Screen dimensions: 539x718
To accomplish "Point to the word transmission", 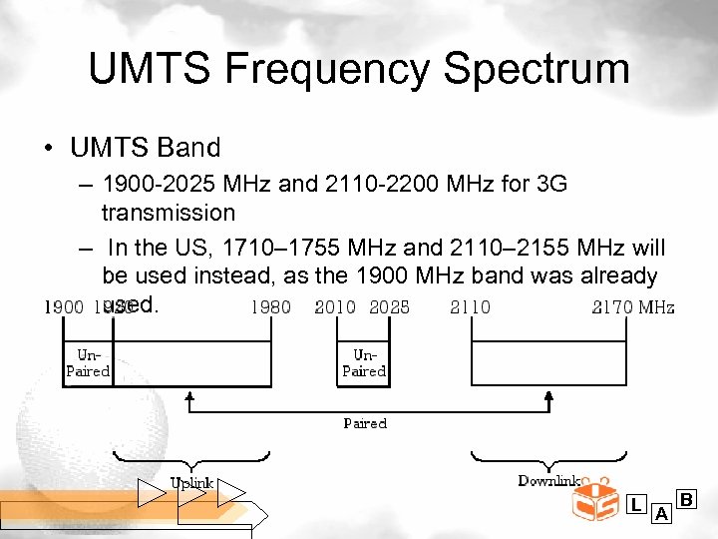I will [169, 212].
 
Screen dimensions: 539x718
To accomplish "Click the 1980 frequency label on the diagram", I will [270, 306].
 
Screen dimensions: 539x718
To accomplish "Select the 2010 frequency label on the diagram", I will [334, 306].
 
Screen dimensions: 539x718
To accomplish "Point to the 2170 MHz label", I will [633, 306].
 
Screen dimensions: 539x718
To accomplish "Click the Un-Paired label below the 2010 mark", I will [364, 363].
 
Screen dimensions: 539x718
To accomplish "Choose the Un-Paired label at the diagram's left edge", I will [88, 363].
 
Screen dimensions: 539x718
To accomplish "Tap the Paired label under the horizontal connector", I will [365, 423].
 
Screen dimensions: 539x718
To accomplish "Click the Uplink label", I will [191, 483].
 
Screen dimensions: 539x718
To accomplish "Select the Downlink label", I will [549, 481].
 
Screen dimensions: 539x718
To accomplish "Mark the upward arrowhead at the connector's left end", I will [189, 398].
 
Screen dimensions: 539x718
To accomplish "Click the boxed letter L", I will [636, 505].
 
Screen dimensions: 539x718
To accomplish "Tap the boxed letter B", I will [686, 498].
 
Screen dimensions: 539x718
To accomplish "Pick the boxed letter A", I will [661, 515].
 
